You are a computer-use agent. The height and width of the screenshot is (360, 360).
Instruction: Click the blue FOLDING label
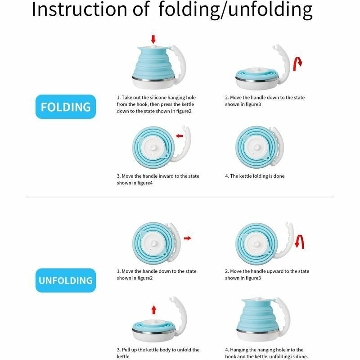66,107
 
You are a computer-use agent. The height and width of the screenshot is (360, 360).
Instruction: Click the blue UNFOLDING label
66,280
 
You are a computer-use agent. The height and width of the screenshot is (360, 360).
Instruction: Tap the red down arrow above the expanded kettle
153,39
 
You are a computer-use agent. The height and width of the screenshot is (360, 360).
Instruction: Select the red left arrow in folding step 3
180,135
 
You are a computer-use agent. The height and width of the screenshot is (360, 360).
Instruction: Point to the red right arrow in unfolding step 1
187,238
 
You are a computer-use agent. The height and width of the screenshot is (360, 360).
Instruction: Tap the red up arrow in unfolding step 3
153,309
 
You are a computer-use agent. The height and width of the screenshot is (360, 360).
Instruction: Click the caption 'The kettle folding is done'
255,176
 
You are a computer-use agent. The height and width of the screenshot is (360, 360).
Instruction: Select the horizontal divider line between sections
180,197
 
